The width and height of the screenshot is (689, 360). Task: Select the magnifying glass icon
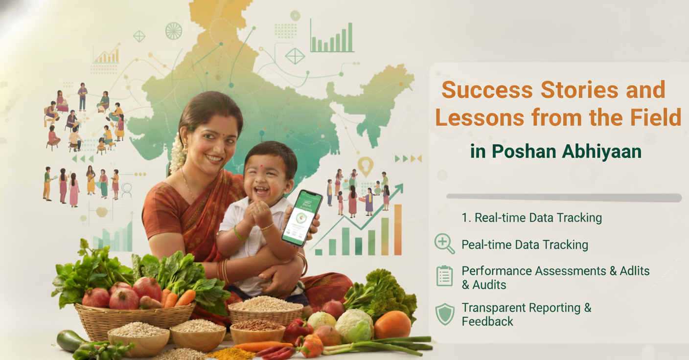click(x=444, y=244)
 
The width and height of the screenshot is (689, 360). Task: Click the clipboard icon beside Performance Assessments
click(x=444, y=276)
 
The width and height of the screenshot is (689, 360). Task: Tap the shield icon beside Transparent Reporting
click(x=444, y=314)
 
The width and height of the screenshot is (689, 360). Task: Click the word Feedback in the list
click(x=487, y=321)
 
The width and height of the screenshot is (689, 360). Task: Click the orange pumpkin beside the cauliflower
click(x=392, y=324)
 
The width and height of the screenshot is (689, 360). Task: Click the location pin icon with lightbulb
click(x=365, y=166)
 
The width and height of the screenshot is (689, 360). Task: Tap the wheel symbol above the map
click(x=173, y=31)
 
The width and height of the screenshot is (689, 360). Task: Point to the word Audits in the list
click(x=484, y=285)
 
